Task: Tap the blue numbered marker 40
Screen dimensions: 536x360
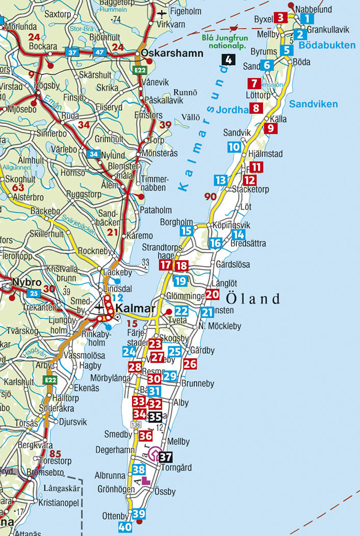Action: pyautogui.click(x=125, y=527)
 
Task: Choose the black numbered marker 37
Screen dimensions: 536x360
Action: pyautogui.click(x=165, y=457)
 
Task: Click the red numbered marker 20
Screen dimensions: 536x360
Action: pyautogui.click(x=212, y=294)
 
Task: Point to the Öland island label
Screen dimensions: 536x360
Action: pyautogui.click(x=252, y=298)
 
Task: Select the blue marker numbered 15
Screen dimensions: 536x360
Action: pyautogui.click(x=187, y=231)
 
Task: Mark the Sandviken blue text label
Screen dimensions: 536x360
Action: pyautogui.click(x=313, y=104)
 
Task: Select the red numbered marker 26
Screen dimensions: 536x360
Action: pyautogui.click(x=190, y=364)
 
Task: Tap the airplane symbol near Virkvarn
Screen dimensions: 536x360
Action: pyautogui.click(x=162, y=13)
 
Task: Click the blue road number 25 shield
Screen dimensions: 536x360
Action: pyautogui.click(x=34, y=293)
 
